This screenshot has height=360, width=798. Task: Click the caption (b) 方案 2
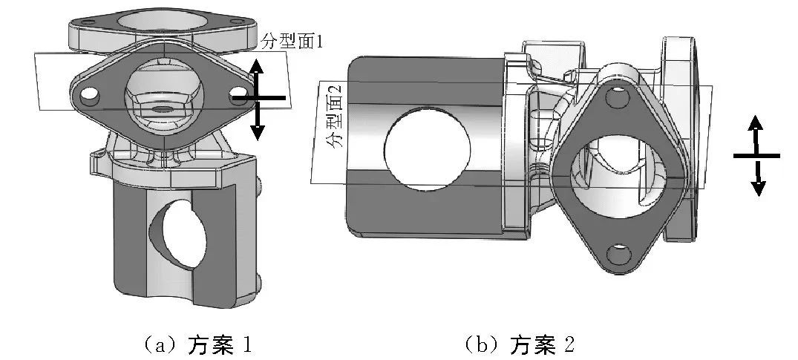point(520,344)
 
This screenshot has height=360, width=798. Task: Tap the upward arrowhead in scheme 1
point(257,65)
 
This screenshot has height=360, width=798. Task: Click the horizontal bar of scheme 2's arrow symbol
point(756,156)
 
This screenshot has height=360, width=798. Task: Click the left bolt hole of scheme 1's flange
point(90,96)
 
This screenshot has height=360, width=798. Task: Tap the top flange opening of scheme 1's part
point(159,19)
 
